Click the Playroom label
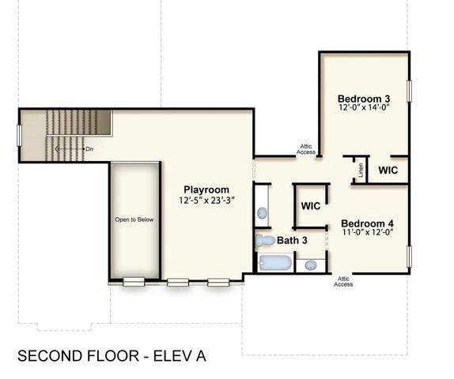[206, 189]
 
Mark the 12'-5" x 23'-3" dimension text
[206, 201]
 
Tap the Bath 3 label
[292, 239]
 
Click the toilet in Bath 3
[265, 240]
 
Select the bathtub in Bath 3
[274, 263]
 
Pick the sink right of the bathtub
[311, 265]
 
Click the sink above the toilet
[262, 212]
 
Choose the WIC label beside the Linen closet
[388, 170]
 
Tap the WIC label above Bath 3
[310, 206]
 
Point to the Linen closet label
[361, 170]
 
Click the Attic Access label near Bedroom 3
[306, 148]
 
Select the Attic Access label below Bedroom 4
[343, 281]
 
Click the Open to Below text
[134, 220]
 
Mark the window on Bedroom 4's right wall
[409, 257]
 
